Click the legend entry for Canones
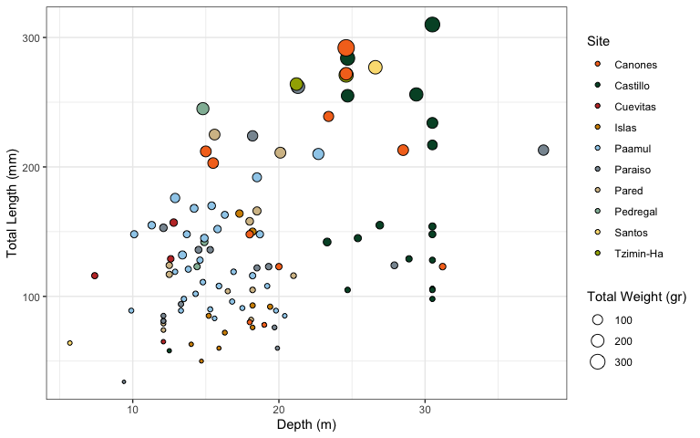pos(635,65)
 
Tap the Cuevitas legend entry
pos(634,107)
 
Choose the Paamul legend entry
pos(633,149)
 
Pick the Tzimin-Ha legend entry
pos(638,254)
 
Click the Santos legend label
pos(631,233)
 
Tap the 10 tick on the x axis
pos(133,412)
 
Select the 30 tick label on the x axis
pos(425,412)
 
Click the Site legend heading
pos(599,41)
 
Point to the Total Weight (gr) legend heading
pos(635,297)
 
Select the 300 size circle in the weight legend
pos(598,362)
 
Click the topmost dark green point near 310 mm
pos(432,25)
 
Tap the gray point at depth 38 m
pos(543,150)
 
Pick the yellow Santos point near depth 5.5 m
pos(69,343)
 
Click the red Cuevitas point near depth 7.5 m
pos(95,276)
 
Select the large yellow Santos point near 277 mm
pos(376,68)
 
